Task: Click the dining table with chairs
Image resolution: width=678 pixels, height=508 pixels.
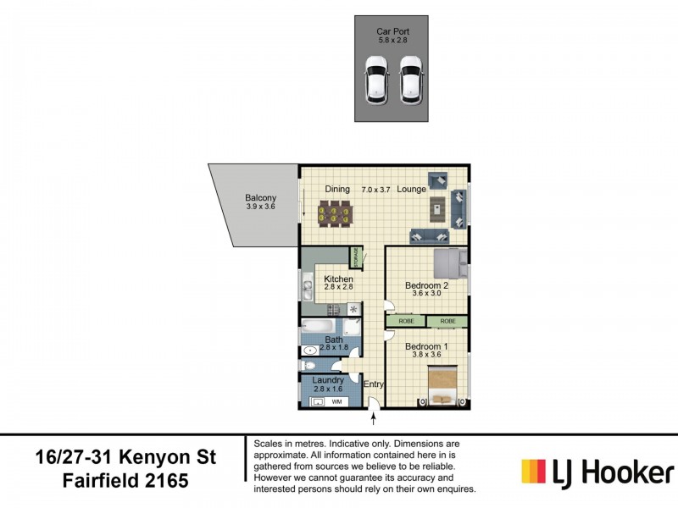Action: (334, 213)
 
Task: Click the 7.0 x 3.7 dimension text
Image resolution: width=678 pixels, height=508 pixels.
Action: (376, 189)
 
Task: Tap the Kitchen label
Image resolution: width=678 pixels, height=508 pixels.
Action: (338, 279)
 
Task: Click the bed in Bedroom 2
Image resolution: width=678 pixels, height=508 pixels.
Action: (448, 263)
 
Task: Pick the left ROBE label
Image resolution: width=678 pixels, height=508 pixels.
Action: (406, 322)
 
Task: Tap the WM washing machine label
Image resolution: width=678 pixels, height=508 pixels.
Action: (336, 400)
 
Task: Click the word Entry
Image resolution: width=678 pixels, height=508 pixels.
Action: (374, 384)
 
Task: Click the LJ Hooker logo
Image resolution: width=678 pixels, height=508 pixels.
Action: (597, 472)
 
